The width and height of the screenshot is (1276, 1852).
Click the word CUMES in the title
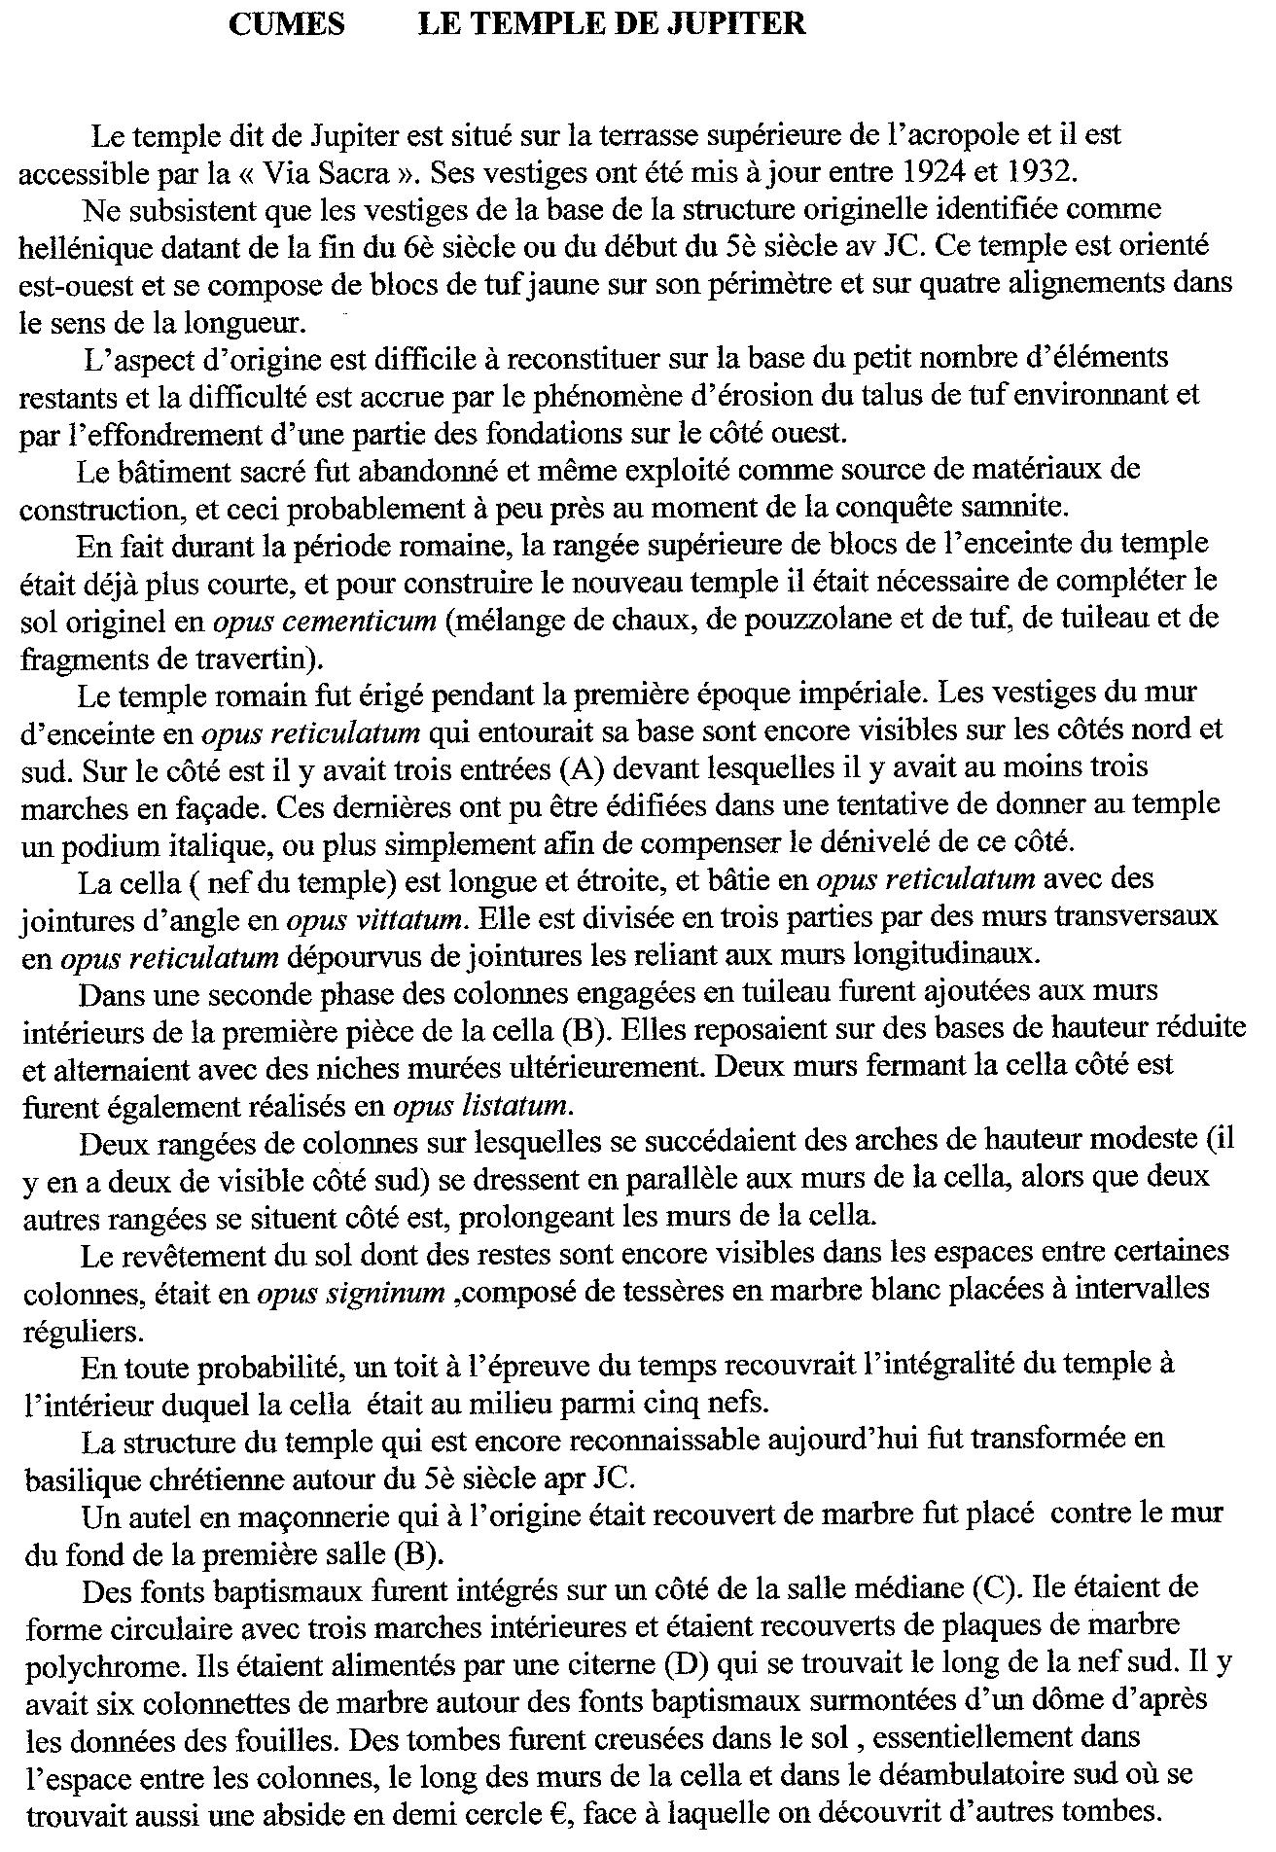pos(286,23)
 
